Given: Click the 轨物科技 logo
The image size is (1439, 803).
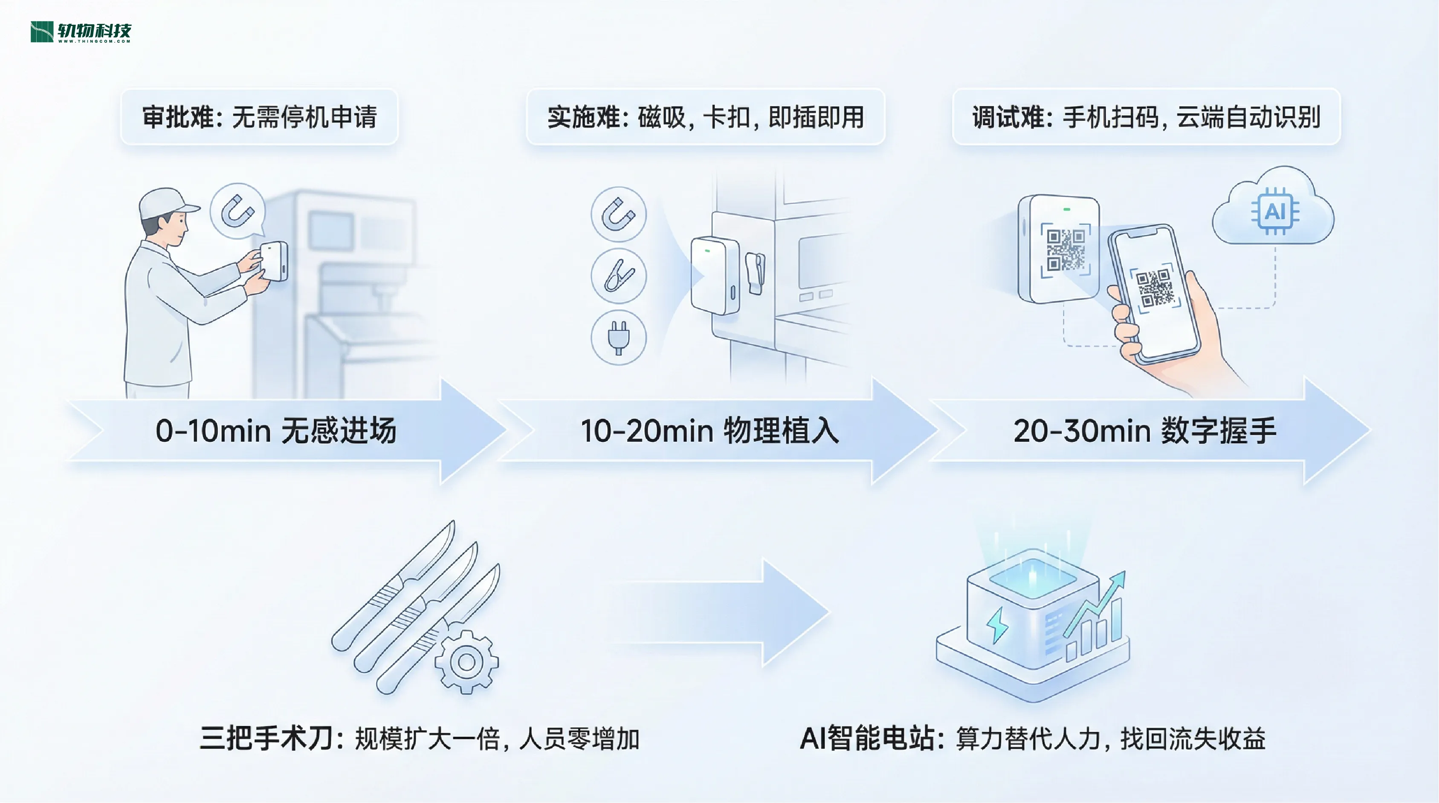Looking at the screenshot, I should (x=81, y=32).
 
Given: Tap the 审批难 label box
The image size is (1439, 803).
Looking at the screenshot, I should (x=259, y=117).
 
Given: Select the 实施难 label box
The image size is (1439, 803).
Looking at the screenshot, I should (x=706, y=117).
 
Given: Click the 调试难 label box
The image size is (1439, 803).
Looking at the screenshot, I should (x=1146, y=117).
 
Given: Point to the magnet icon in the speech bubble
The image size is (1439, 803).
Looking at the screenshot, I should (x=238, y=211).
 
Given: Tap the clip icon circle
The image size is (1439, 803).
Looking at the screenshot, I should (x=618, y=276).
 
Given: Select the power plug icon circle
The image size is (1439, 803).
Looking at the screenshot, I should (x=618, y=337).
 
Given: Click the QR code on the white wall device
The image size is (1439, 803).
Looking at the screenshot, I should (x=1065, y=250).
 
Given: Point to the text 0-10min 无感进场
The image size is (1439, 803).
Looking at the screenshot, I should (x=276, y=431).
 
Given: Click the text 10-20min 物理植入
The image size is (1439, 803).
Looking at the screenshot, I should (x=709, y=431).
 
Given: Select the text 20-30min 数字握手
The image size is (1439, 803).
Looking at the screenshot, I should (x=1145, y=431).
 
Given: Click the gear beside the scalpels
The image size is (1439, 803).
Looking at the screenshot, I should (x=466, y=662).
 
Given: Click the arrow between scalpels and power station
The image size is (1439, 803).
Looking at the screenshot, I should (x=726, y=612).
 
